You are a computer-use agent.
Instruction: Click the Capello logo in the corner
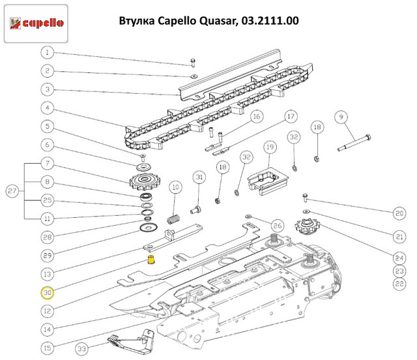(36, 23)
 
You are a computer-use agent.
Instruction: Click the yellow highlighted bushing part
(151, 260)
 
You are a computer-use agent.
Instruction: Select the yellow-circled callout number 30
(48, 293)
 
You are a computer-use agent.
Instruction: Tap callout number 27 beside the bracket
(12, 191)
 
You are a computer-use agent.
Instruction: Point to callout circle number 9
(341, 117)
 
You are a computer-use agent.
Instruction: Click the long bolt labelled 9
(354, 143)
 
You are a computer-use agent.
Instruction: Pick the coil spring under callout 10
(174, 220)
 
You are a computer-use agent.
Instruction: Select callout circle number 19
(270, 147)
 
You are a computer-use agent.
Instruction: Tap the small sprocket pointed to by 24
(308, 226)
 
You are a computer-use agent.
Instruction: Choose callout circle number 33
(81, 348)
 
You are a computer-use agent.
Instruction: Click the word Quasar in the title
(218, 21)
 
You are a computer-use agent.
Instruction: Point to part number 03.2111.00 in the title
(270, 20)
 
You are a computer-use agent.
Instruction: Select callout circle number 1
(48, 52)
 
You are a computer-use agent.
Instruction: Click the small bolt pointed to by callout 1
(193, 63)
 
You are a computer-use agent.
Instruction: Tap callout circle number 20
(399, 213)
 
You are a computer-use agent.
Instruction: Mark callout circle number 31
(199, 177)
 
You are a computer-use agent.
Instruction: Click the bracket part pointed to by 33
(131, 342)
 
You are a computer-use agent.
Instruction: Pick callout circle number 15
(48, 348)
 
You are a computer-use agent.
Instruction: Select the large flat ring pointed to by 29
(149, 228)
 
